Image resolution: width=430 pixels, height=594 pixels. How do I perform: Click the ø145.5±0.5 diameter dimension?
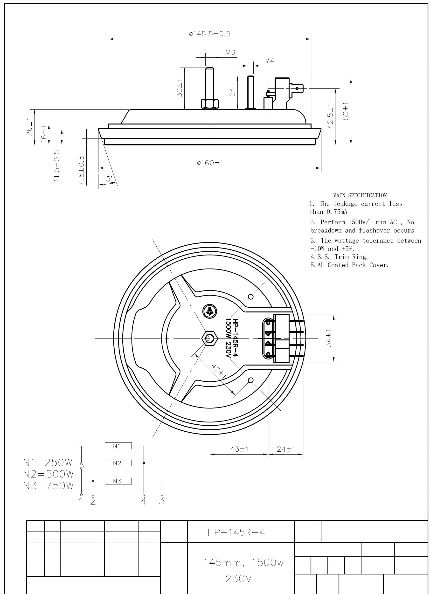click(210, 34)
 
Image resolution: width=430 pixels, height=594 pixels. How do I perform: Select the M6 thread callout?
click(230, 53)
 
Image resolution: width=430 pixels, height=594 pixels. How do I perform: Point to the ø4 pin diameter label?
click(270, 61)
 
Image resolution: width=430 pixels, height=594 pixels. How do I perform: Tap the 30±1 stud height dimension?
click(179, 88)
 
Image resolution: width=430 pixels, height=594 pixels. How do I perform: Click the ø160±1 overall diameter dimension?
click(210, 163)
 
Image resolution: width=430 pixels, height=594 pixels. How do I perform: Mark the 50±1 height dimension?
click(346, 111)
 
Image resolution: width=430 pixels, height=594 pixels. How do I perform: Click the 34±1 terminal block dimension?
click(329, 338)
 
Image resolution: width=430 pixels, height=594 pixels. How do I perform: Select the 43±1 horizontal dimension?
click(239, 449)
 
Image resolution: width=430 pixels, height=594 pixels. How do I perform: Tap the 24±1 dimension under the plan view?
click(286, 449)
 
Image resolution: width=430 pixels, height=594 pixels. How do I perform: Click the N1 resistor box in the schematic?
click(118, 446)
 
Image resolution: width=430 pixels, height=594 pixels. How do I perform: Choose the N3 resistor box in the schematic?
click(118, 481)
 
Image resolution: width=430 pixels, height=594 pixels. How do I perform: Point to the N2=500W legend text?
click(49, 474)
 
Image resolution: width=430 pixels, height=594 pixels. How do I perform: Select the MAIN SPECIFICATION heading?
click(360, 195)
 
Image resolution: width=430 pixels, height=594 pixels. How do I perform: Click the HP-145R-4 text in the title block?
click(236, 533)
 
